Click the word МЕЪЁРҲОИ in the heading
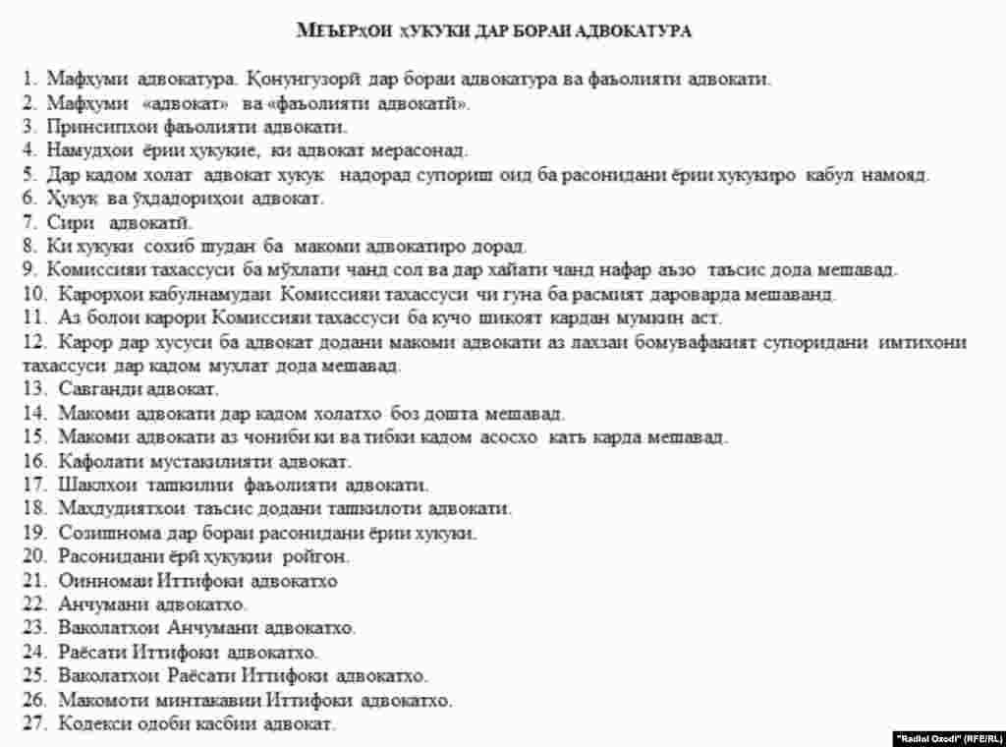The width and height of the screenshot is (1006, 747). [x=338, y=31]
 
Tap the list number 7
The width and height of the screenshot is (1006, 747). [x=30, y=222]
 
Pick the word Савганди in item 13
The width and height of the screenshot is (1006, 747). [x=91, y=390]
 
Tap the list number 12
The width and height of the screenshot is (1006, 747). [x=34, y=342]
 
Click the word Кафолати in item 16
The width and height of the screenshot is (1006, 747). [x=91, y=461]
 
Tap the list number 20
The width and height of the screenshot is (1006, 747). [x=34, y=557]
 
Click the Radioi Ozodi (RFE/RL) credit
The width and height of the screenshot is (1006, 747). [x=947, y=737]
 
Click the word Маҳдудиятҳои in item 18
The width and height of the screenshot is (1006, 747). [x=110, y=509]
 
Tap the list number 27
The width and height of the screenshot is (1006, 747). [x=34, y=724]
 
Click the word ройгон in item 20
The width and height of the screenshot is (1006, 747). [x=315, y=557]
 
